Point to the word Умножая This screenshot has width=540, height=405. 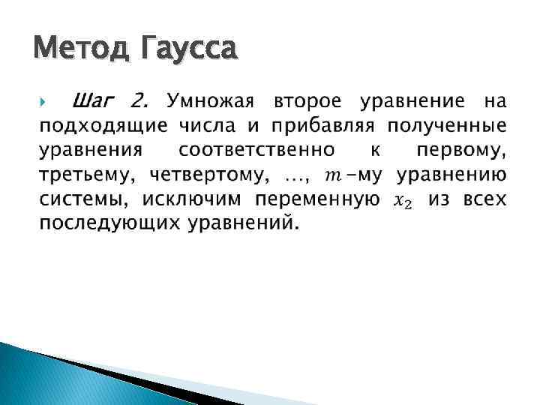[x=212, y=100]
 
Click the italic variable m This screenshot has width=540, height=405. [x=329, y=176]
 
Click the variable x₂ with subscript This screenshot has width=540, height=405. [x=403, y=202]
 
